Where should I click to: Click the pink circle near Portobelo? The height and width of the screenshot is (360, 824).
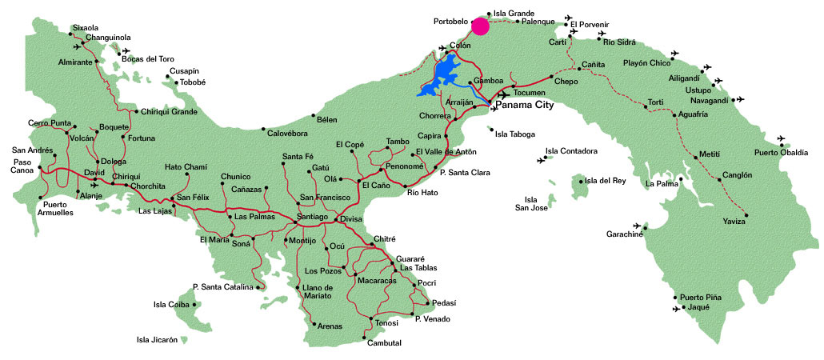480,26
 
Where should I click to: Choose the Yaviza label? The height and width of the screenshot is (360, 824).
734,222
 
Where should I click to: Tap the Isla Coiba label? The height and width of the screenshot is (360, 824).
170,304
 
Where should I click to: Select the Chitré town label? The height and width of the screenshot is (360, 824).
385,239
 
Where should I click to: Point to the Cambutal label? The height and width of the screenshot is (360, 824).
384,342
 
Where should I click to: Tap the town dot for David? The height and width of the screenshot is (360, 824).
105,178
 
